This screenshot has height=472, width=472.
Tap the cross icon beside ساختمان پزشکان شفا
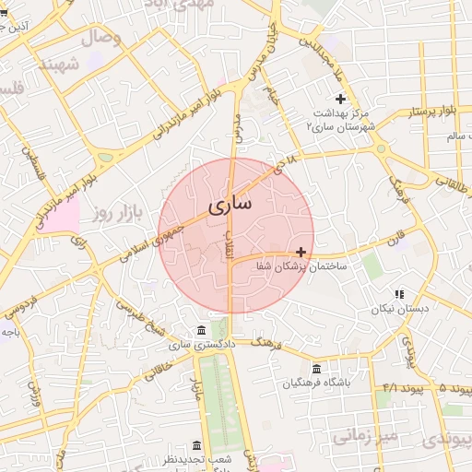coord(301,252)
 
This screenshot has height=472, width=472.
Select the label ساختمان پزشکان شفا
coord(301,265)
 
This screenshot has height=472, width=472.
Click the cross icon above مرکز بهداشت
coord(340,99)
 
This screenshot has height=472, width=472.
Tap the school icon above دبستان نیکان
coord(399,294)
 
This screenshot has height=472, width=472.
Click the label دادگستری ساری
coord(203,344)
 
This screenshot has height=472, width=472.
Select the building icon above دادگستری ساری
coord(202,330)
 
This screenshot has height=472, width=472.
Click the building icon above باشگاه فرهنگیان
coord(316,369)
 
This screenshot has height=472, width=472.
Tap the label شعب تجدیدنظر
coord(195,458)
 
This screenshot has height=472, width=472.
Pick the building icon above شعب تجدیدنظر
coord(195,444)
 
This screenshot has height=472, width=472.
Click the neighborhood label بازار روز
coord(114,214)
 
